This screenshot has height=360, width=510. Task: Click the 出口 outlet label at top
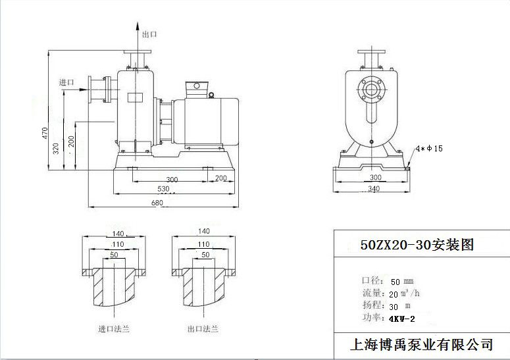(x=149, y=34)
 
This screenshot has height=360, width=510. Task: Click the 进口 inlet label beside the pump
(x=66, y=82)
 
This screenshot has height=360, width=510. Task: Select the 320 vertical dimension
(x=57, y=149)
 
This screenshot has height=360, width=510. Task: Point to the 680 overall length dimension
(x=157, y=203)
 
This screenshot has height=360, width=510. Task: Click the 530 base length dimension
(x=163, y=190)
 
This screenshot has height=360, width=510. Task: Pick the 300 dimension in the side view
(x=172, y=179)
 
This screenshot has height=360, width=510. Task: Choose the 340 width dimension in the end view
(x=374, y=190)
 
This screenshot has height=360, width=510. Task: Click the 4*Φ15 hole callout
(x=429, y=149)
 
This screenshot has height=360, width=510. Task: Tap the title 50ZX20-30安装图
(x=417, y=245)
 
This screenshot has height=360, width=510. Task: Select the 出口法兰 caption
(x=203, y=328)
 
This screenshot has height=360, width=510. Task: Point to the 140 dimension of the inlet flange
(x=118, y=233)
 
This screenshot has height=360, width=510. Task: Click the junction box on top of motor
(x=197, y=89)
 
